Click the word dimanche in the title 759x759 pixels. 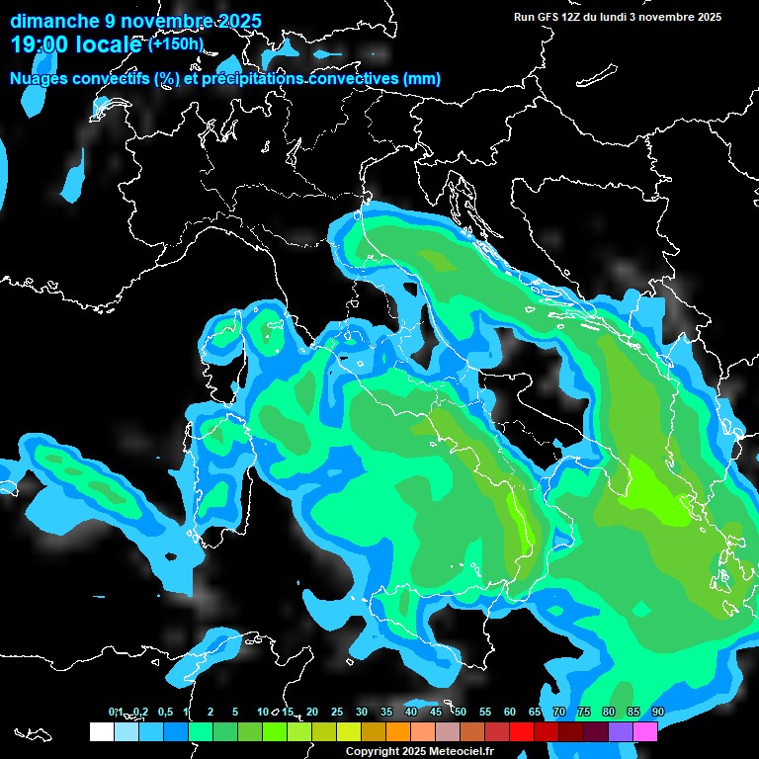pos(48,21)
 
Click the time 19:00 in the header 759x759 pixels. pos(41,44)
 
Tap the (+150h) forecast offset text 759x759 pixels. pos(175,43)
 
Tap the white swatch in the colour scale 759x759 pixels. pos(101,731)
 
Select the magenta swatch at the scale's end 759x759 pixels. pos(645,731)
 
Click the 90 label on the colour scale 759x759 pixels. pos(658,712)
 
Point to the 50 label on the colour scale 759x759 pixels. pos(461,712)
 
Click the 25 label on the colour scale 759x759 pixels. pos(337,712)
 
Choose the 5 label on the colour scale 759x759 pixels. pos(235,712)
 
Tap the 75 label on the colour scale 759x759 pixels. pos(584,712)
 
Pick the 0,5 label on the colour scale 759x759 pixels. pos(164,712)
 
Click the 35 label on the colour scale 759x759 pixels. pos(386,712)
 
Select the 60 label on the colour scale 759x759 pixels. pos(510,712)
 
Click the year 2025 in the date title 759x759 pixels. pos(238,21)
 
